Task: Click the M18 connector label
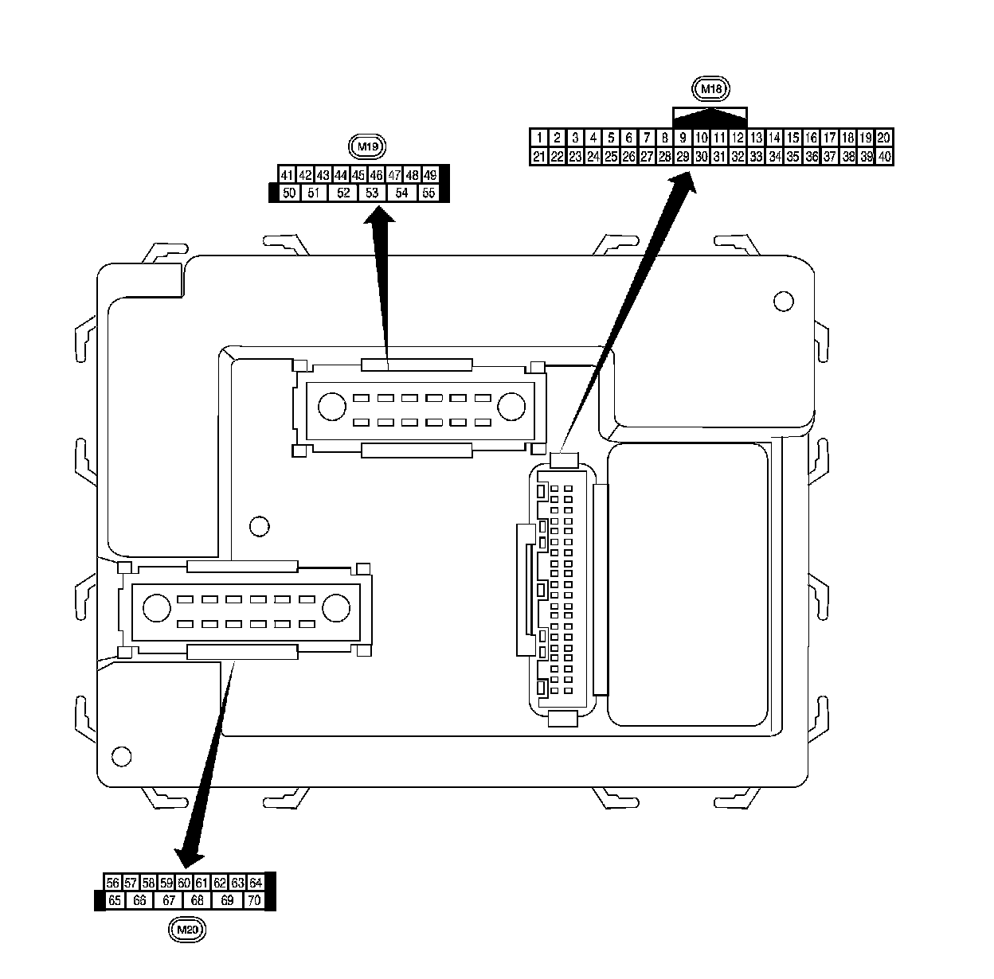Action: (710, 89)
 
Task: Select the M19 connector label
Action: (367, 146)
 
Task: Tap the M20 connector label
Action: (188, 928)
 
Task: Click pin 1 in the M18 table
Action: (539, 138)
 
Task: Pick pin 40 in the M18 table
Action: (884, 157)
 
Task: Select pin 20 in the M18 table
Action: (884, 138)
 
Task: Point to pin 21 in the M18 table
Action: (539, 157)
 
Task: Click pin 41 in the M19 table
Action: (288, 175)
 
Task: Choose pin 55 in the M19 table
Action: (429, 193)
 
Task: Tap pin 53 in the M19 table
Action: (372, 193)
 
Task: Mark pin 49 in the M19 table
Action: (430, 175)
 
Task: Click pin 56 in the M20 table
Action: (113, 883)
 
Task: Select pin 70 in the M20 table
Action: (254, 900)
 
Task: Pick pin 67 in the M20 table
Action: (169, 900)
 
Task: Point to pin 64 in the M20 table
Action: (256, 883)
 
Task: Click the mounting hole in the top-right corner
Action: (784, 301)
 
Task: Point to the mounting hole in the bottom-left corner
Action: (122, 755)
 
